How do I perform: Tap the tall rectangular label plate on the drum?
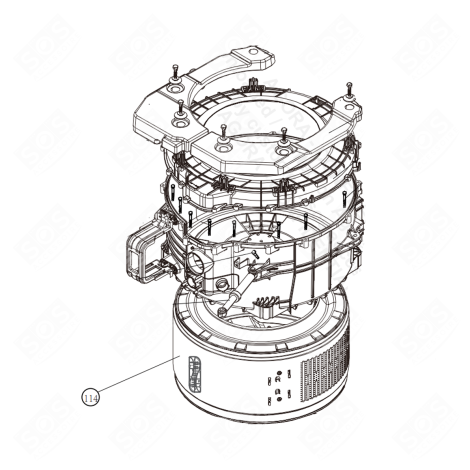(195, 378)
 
